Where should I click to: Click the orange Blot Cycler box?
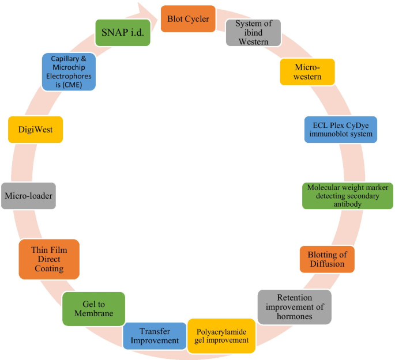pyautogui.click(x=188, y=19)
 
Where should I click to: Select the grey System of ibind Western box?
pyautogui.click(x=253, y=33)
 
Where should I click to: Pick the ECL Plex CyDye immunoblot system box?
pyautogui.click(x=340, y=130)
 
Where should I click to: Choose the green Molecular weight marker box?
pyautogui.click(x=348, y=196)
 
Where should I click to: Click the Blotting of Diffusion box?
pyautogui.click(x=326, y=259)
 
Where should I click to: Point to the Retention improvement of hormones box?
pyautogui.click(x=294, y=306)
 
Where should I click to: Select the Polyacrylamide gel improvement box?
pyautogui.click(x=222, y=335)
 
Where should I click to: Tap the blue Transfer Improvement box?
pyautogui.click(x=155, y=336)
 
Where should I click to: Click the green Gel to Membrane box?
pyautogui.click(x=93, y=308)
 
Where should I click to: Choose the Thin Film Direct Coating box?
pyautogui.click(x=48, y=259)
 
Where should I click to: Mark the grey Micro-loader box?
pyautogui.click(x=28, y=196)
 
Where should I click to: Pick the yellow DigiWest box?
pyautogui.click(x=35, y=130)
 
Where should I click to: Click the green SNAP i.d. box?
pyautogui.click(x=123, y=33)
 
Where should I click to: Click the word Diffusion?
pyautogui.click(x=326, y=264)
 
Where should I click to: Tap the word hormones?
pyautogui.click(x=294, y=316)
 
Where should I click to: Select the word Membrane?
pyautogui.click(x=93, y=313)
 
